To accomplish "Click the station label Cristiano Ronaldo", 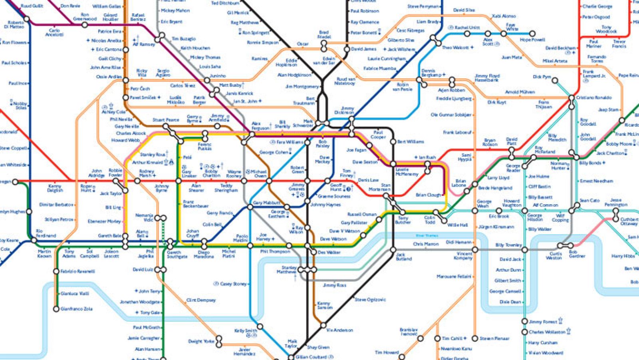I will pos(593,97).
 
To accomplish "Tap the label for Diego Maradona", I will pos(203,255).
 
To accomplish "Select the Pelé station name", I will pos(187,157).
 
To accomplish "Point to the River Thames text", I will pos(427,236).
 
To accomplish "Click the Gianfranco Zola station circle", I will pos(56,309).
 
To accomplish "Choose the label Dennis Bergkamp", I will pos(431,73).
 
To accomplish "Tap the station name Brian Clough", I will pos(429,195).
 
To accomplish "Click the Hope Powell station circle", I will pos(532,34).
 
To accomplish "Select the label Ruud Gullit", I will pos(32,6).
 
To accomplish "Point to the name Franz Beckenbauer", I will pos(195,204).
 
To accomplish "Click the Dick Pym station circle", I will pos(555,81).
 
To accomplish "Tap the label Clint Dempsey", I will pos(201,300).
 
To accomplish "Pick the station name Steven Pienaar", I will pos(494,338).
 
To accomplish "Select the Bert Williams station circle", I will pos(393,142).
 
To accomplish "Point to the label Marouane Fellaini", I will pos(454,276).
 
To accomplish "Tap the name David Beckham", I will pos(560,48).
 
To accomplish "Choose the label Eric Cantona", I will pos(108,50).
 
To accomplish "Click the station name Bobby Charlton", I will pos(211,173).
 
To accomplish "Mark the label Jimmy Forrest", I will pos(543,322).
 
